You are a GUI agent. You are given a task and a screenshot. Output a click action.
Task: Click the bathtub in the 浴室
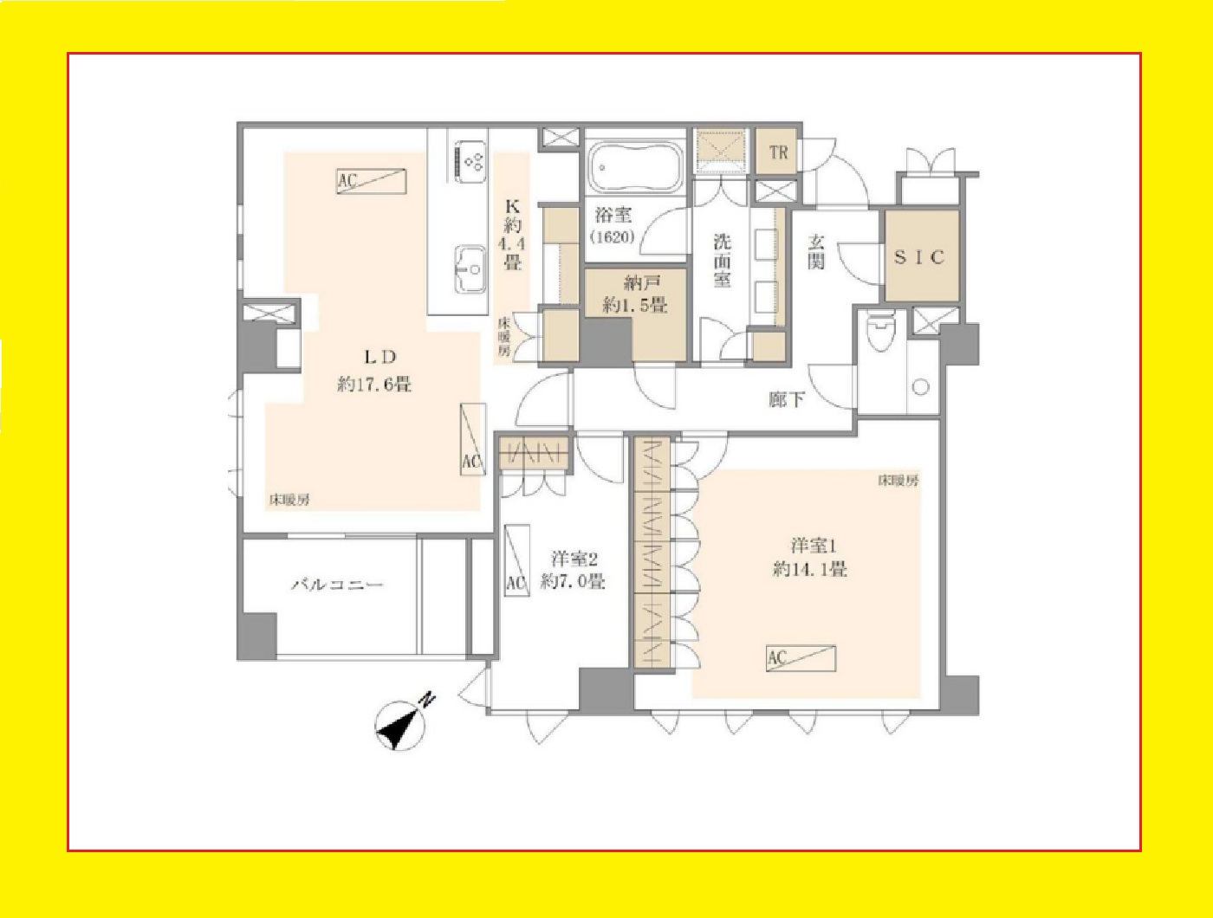point(635,165)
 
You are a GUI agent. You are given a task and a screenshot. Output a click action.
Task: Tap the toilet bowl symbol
point(881,332)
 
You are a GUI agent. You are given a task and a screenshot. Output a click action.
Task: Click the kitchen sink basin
point(470,269)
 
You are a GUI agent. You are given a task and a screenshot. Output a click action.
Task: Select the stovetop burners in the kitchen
point(470,161)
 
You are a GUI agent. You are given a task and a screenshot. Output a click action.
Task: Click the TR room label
point(778,152)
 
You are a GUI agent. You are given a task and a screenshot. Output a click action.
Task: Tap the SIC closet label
point(919,257)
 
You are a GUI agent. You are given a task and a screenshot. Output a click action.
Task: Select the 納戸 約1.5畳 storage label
point(634,294)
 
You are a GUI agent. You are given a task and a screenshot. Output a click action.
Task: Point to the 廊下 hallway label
point(787,399)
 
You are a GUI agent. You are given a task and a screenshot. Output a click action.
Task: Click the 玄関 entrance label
point(815,252)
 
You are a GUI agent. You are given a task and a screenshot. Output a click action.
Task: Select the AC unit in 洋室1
point(801,658)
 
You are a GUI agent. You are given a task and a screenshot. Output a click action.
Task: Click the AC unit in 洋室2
point(517,560)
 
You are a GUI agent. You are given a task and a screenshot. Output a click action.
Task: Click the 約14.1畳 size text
point(810,568)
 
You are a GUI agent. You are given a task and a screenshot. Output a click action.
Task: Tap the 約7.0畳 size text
point(572,581)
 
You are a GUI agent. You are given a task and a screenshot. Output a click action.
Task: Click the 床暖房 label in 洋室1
point(898,481)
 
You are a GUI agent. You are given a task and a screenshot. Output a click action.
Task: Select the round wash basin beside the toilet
point(920,387)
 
